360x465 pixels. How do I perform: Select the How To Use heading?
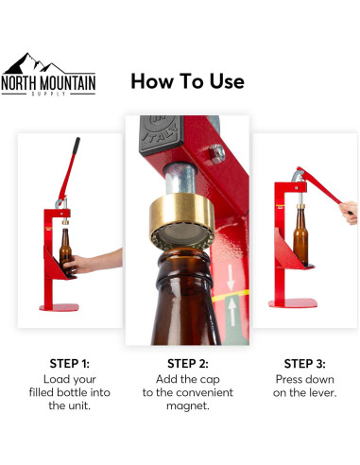pos(186,81)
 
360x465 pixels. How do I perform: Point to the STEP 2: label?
pos(187,363)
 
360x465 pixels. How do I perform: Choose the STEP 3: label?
pos(304,363)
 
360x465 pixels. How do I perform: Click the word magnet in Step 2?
pos(188,405)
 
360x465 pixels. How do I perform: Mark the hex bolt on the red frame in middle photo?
pos(217,151)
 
